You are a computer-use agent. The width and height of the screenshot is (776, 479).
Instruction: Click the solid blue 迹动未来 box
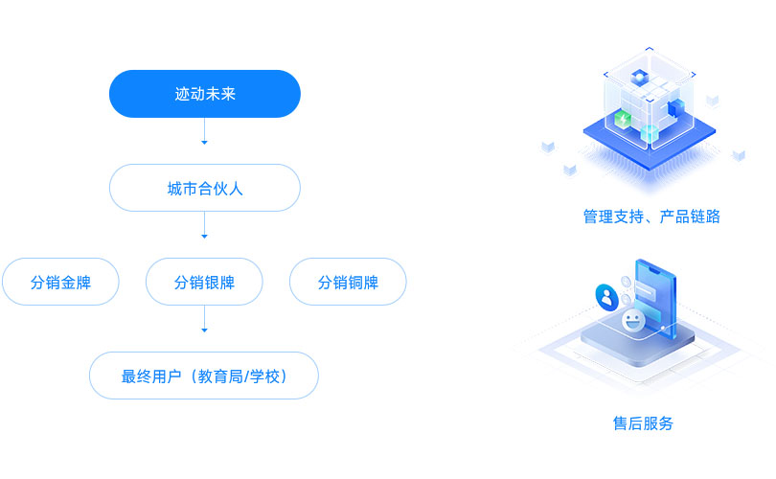(x=204, y=94)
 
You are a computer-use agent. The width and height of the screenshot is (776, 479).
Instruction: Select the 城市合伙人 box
(x=204, y=188)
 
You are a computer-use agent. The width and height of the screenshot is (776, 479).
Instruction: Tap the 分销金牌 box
(x=60, y=282)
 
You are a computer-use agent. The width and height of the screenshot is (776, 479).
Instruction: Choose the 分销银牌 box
(x=204, y=282)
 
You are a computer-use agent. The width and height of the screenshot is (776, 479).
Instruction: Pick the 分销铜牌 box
(x=348, y=282)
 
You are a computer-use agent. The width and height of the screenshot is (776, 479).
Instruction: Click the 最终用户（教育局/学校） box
(x=204, y=376)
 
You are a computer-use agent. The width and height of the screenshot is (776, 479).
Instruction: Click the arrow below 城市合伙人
(x=204, y=234)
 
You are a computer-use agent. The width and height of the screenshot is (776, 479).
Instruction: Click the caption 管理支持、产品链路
(x=651, y=217)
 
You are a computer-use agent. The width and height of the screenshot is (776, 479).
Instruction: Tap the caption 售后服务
(x=643, y=422)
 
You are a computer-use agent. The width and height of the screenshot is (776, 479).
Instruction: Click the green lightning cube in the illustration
(x=623, y=120)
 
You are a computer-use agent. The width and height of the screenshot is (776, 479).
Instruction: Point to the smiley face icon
(x=631, y=321)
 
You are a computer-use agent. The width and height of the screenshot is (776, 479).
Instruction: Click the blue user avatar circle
(x=606, y=296)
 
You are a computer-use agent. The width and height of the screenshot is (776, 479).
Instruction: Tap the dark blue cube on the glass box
(x=677, y=108)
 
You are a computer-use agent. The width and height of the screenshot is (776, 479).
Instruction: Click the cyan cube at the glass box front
(x=650, y=133)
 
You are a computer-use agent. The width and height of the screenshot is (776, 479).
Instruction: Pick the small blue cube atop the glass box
(x=639, y=77)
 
